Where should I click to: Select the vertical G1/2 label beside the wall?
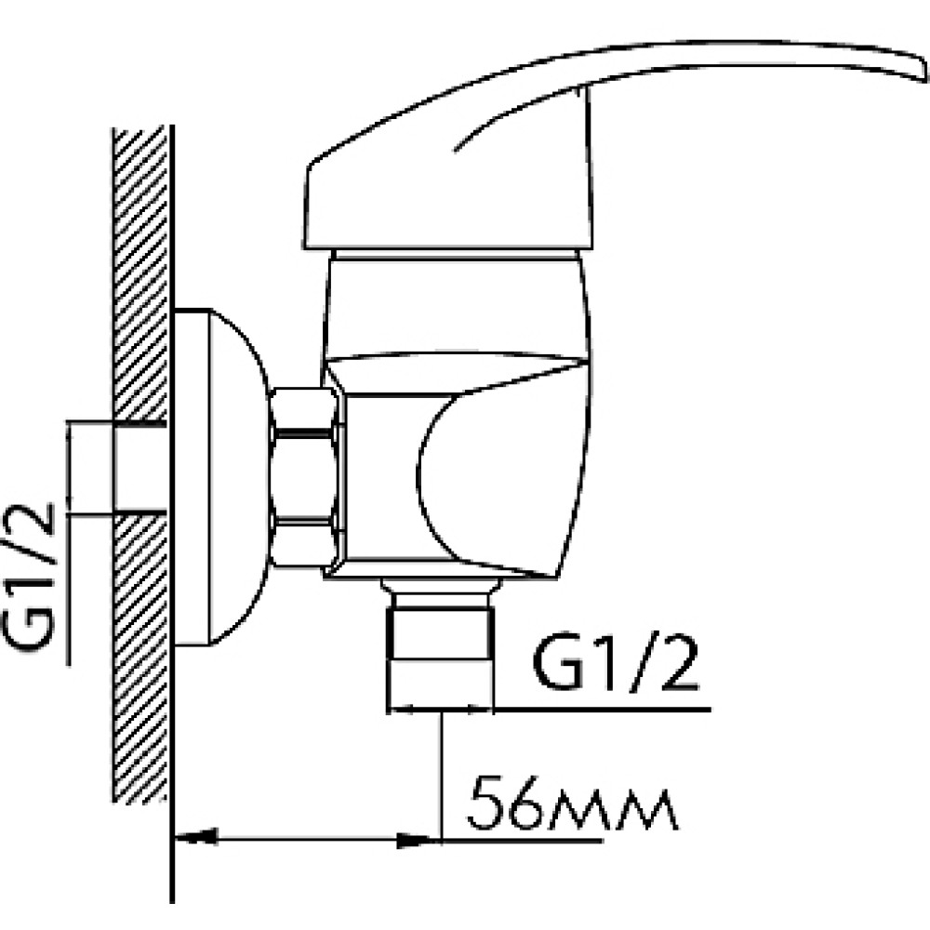29,578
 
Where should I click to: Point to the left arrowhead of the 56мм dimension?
194,839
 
